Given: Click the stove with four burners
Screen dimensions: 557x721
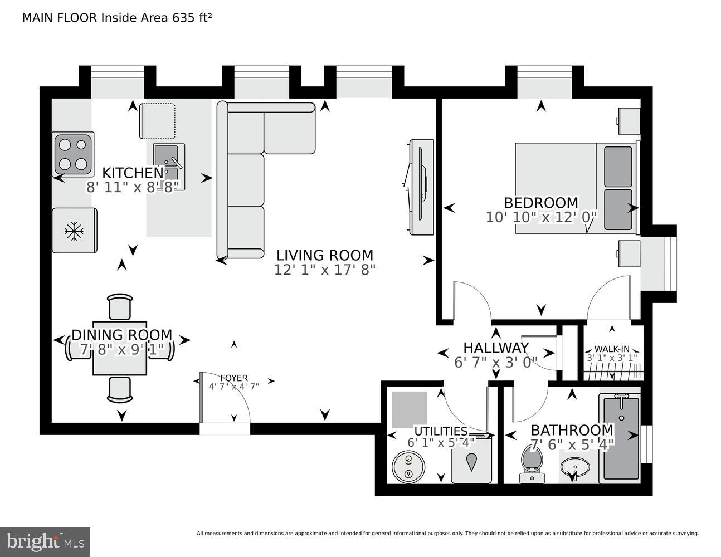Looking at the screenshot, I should coord(74,154).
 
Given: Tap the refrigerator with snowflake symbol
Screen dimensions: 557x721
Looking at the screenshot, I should coord(74,231).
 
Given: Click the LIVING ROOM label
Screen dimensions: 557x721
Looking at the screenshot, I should coord(325,256).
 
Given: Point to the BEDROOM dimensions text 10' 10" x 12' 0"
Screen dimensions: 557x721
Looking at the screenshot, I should coord(541,217).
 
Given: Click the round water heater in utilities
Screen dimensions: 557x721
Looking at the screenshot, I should coord(409,466).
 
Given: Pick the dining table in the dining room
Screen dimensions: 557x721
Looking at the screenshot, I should coord(120,348).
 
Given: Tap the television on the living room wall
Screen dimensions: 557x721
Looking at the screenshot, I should coord(422,187).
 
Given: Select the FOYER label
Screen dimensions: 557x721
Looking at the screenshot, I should coord(233,378).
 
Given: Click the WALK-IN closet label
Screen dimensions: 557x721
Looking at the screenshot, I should coord(611,349).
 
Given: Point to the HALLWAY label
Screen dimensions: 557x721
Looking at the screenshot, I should coord(496,348).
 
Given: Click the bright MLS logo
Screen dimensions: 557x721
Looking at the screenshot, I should coord(45,542).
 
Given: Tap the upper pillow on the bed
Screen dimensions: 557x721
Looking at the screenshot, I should coord(618,167).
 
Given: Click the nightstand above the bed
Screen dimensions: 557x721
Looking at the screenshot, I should coord(628,120).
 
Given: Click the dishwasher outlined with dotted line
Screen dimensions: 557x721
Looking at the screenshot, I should coord(157,121).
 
